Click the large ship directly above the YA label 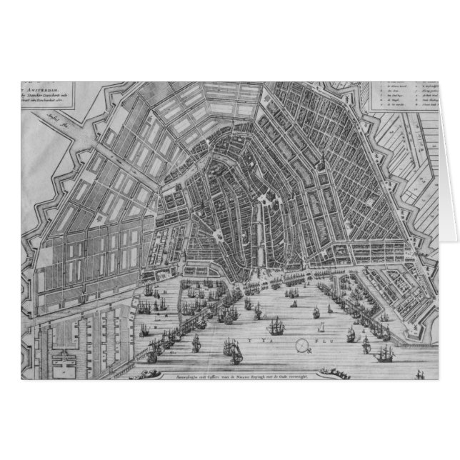[278, 326]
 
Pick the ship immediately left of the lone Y [230, 349]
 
